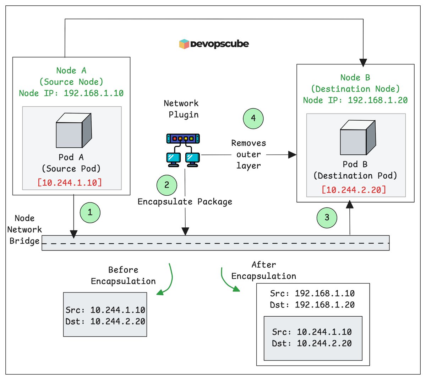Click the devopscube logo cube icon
184,44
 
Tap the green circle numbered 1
90,212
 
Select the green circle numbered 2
167,185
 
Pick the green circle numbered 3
327,217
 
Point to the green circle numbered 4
253,118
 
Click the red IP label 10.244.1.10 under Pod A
70,183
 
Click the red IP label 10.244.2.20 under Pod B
354,190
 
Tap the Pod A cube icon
74,131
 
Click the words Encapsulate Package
185,202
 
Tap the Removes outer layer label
248,154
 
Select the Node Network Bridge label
24,229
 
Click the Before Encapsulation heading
123,276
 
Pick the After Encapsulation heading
264,270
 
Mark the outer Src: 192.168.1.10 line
312,294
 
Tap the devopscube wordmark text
219,44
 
